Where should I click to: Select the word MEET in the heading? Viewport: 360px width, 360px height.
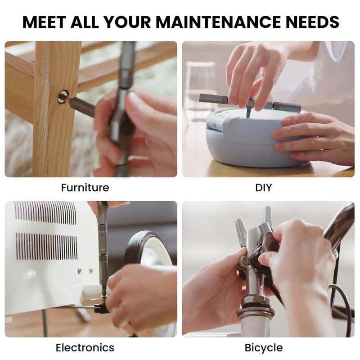(45, 22)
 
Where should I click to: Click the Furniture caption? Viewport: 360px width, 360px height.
(85, 187)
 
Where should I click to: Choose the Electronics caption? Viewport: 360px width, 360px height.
(85, 347)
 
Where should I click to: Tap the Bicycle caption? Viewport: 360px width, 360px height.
(264, 347)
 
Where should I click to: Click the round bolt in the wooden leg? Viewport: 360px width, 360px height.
(63, 96)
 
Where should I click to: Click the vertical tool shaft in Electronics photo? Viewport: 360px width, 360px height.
(103, 252)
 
